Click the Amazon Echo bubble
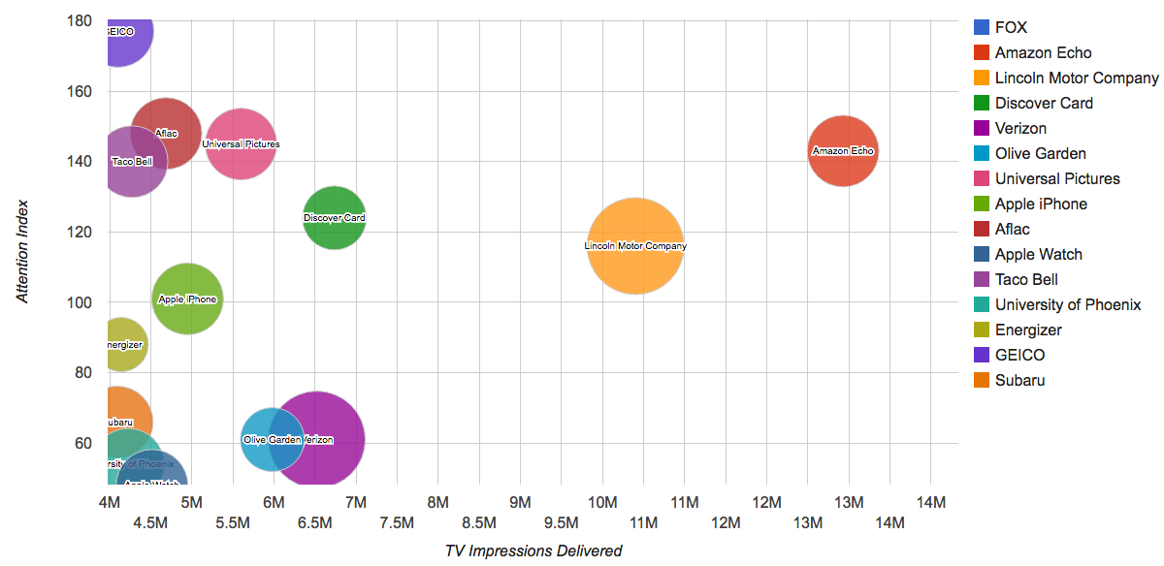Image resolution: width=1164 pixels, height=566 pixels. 843,150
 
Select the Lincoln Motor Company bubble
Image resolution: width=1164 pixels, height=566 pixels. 635,245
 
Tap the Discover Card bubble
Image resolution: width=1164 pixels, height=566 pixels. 335,217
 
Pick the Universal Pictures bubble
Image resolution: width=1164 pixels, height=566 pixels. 241,144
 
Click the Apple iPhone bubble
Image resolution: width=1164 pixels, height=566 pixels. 187,299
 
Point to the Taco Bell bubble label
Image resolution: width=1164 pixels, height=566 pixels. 132,162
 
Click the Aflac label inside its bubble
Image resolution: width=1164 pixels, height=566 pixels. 166,134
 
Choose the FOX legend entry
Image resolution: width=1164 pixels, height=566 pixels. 1011,27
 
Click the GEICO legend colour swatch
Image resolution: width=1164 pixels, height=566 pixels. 982,355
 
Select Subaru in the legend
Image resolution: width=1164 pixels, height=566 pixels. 1019,380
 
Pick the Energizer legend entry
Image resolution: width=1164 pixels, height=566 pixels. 1028,330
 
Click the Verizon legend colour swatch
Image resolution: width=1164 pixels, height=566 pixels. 982,128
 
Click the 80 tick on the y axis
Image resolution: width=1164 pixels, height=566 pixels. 82,372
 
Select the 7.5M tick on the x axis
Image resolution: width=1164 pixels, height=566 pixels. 397,523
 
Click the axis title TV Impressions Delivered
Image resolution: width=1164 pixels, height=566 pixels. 533,550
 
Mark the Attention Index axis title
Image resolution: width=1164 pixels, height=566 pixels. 23,251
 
